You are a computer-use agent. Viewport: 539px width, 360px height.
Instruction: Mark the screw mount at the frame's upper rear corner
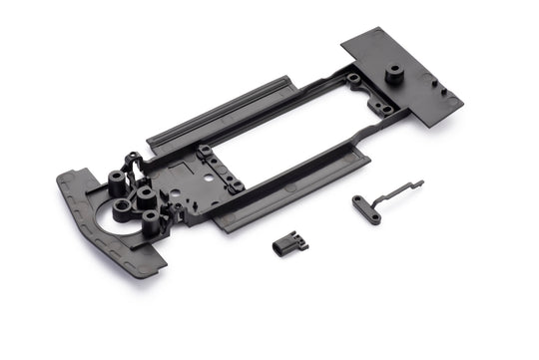(x=353, y=77)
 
